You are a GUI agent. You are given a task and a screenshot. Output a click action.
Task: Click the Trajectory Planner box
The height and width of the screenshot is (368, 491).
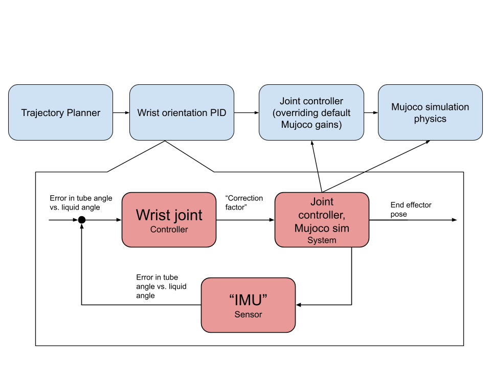(60, 113)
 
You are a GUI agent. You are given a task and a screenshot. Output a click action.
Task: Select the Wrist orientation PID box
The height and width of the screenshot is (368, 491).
(182, 113)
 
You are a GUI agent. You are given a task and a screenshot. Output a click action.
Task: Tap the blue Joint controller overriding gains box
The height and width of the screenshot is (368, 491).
(311, 113)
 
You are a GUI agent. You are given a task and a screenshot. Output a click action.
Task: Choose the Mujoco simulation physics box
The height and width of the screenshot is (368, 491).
(430, 113)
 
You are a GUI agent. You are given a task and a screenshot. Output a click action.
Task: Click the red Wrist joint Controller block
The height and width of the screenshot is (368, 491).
(169, 220)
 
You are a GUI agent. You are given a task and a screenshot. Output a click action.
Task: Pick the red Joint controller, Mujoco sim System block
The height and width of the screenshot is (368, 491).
(322, 220)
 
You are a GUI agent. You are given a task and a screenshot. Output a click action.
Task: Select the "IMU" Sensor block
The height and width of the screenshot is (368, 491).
(248, 305)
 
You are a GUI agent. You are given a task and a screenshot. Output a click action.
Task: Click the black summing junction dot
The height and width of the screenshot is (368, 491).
(81, 220)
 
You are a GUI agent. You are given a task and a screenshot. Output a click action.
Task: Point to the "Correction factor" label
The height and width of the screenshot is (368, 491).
(244, 203)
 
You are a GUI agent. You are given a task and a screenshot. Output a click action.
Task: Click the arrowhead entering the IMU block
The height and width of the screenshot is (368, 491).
(299, 305)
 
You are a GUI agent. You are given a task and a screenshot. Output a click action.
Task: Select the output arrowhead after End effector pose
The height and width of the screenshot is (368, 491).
(454, 220)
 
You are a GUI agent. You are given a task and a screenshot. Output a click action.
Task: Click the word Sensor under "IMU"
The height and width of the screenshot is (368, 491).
(248, 314)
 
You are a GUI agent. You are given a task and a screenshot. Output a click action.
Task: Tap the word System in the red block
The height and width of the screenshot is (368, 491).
(322, 240)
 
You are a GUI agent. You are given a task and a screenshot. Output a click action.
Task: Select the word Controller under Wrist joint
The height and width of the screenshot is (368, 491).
(169, 229)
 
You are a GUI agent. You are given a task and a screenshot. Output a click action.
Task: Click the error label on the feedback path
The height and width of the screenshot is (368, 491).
(161, 286)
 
